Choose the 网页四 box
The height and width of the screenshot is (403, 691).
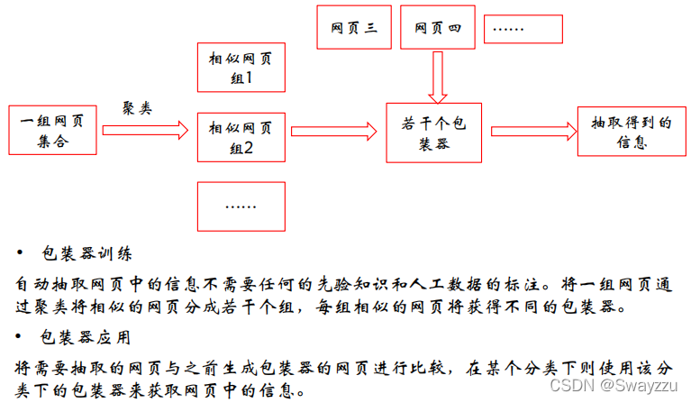(437, 27)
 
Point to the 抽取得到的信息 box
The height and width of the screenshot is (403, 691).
(631, 132)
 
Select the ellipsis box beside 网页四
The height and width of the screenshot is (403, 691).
(523, 27)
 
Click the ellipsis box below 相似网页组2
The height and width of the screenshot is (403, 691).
(241, 206)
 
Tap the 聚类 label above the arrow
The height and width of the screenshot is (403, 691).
(137, 106)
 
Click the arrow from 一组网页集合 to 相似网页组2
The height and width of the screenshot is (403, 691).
(145, 131)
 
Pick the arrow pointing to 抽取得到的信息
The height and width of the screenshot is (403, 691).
(531, 131)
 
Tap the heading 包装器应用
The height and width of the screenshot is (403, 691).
(88, 338)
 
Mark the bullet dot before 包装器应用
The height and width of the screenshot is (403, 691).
(22, 338)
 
